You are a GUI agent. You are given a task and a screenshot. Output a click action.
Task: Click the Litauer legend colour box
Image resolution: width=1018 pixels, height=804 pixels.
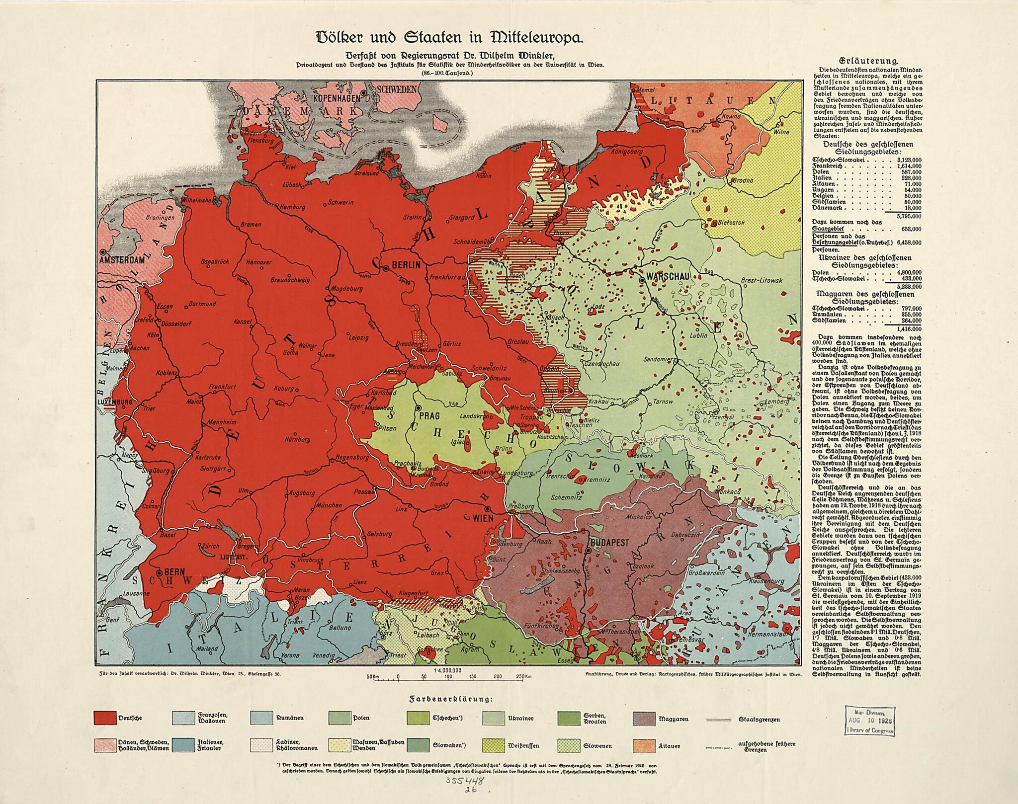click(x=643, y=746)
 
